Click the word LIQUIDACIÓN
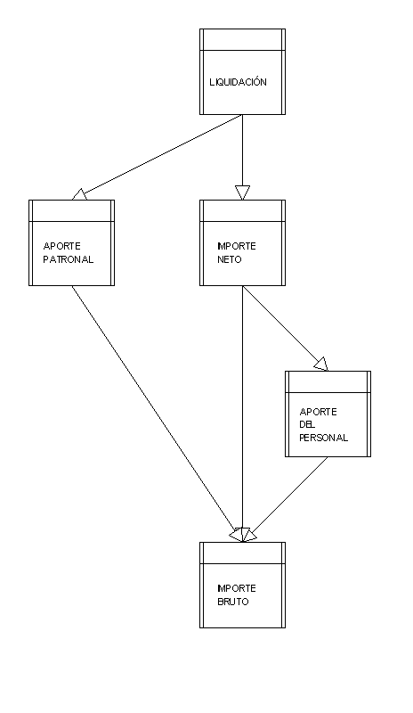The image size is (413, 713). point(238,82)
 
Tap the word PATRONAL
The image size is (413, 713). point(69,259)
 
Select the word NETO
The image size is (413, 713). point(230,259)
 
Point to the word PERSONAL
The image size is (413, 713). point(323,438)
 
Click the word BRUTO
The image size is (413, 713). point(233,602)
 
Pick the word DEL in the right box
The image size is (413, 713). point(307,425)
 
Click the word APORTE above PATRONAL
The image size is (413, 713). point(61,246)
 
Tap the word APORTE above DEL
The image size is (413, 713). point(318,412)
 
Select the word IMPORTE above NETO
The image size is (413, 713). point(237,246)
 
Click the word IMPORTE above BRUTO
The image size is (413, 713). point(237,588)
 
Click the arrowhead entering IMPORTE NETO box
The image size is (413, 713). point(243,193)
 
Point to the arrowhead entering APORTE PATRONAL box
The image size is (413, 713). point(79,194)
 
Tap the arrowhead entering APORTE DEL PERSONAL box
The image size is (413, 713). point(320,365)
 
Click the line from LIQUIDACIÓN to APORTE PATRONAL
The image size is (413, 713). point(158,158)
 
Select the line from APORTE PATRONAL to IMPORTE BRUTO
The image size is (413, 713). point(158,414)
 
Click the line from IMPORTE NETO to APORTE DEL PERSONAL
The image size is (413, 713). point(285,328)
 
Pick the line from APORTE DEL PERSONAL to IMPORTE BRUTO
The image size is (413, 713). point(285,499)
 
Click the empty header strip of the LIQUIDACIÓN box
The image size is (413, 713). point(243,39)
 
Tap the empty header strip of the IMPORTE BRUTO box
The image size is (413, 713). point(243,553)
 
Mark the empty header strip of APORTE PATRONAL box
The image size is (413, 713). point(72,211)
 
